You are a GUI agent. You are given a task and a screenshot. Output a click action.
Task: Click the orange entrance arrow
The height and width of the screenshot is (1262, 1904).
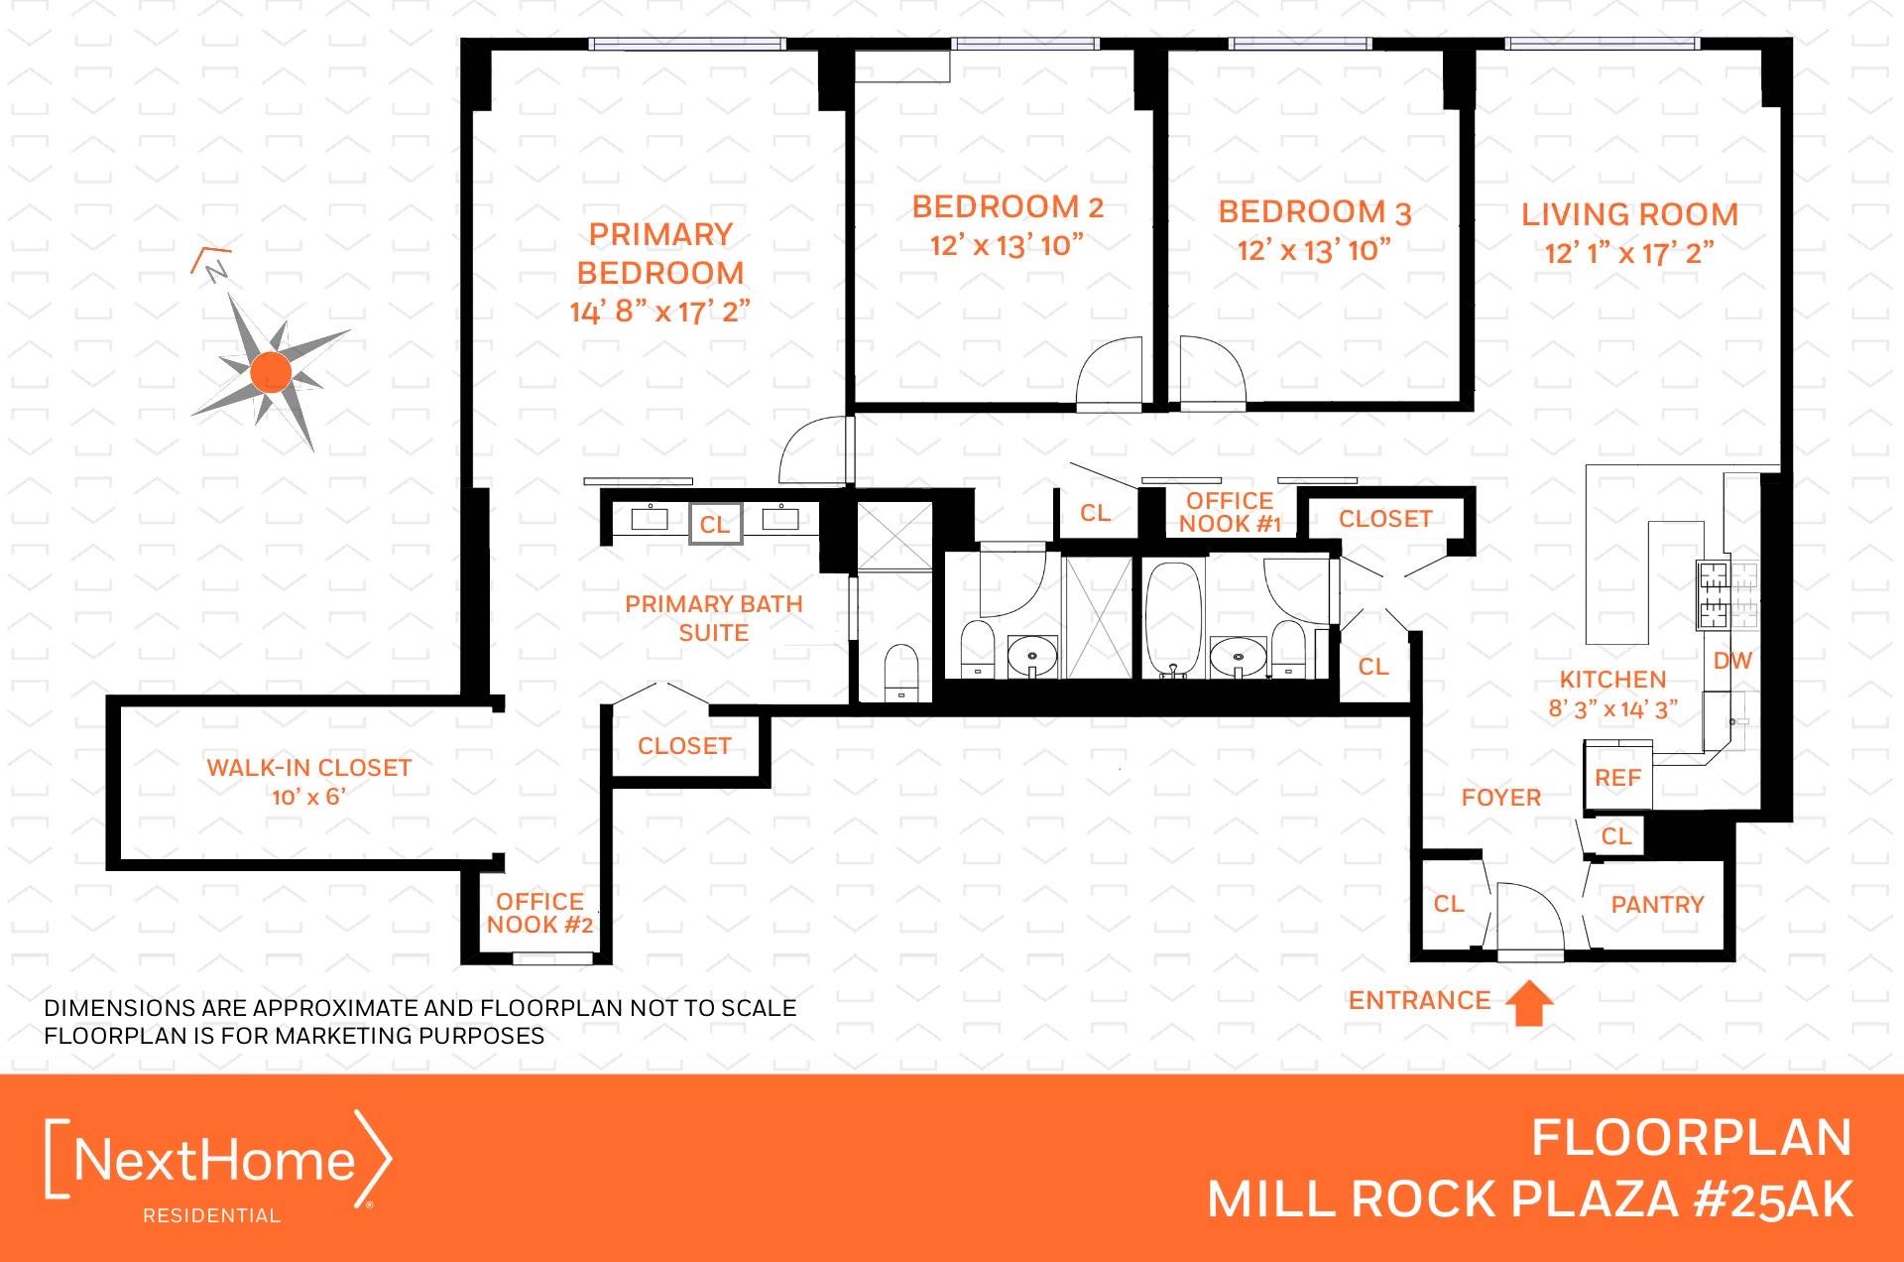pyautogui.click(x=1529, y=1002)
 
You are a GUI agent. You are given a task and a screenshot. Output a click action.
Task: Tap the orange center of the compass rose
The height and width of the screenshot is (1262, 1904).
pyautogui.click(x=271, y=372)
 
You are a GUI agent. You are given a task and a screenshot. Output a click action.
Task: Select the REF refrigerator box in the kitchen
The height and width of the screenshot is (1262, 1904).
pyautogui.click(x=1618, y=779)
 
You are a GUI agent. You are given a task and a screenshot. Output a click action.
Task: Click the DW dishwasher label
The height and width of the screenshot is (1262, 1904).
pyautogui.click(x=1732, y=661)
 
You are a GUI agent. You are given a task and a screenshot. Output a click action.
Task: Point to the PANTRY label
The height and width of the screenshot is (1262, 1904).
pyautogui.click(x=1657, y=905)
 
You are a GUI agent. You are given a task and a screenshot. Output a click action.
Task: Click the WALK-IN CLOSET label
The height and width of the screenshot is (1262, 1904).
pyautogui.click(x=308, y=768)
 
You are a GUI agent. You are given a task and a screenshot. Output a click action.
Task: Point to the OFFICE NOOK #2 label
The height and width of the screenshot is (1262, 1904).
pyautogui.click(x=539, y=914)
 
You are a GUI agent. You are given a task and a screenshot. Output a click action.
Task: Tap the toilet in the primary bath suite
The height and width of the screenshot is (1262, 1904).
pyautogui.click(x=900, y=671)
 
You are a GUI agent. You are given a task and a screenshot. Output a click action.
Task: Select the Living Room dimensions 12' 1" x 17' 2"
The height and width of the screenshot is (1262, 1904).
pyautogui.click(x=1628, y=254)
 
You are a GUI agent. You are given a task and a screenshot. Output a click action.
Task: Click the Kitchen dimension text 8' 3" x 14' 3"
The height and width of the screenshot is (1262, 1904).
pyautogui.click(x=1612, y=709)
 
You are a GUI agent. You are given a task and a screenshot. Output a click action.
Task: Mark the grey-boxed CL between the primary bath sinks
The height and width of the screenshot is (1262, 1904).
pyautogui.click(x=715, y=525)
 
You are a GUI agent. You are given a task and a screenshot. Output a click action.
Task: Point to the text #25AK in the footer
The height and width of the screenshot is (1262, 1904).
pyautogui.click(x=1772, y=1199)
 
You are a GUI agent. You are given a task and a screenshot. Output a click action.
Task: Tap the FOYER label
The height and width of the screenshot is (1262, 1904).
pyautogui.click(x=1500, y=798)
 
